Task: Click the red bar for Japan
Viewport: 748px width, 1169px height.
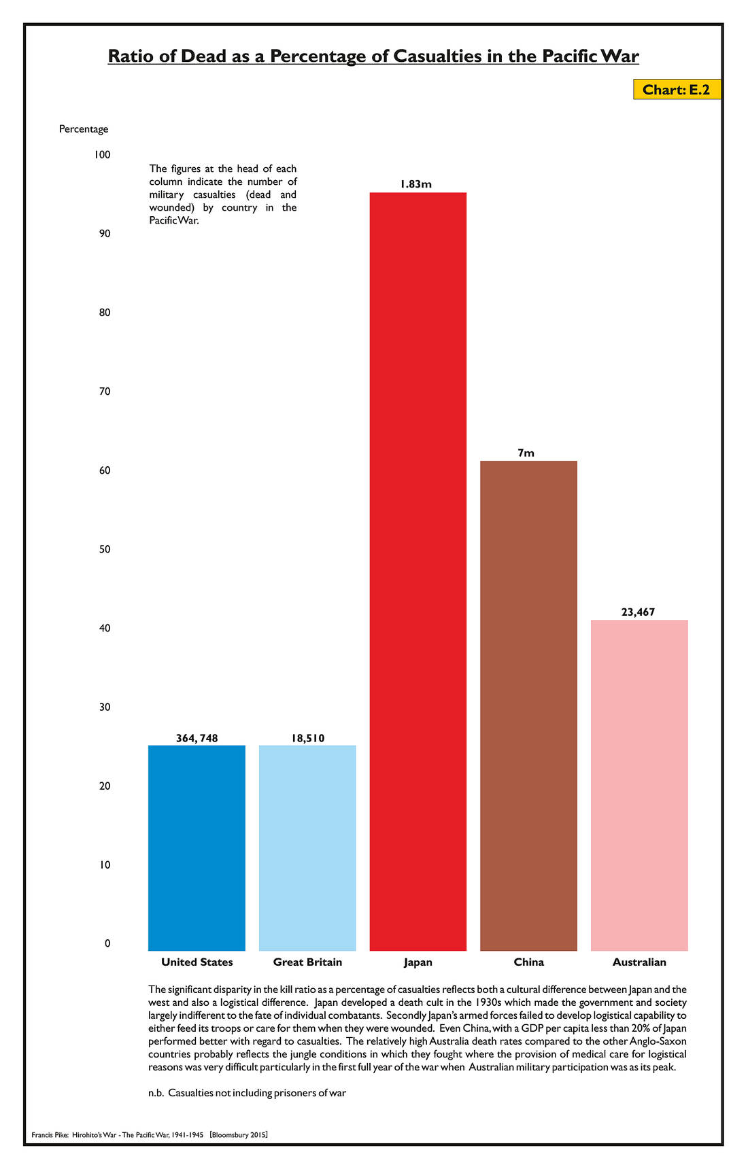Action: click(x=418, y=571)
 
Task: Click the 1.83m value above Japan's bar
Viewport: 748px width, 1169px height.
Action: click(x=416, y=184)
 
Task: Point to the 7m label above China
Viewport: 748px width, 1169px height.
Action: click(x=526, y=453)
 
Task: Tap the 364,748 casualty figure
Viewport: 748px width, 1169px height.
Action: click(x=197, y=738)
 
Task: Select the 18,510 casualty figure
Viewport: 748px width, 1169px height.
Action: click(x=307, y=738)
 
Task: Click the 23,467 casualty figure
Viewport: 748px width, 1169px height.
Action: click(x=638, y=612)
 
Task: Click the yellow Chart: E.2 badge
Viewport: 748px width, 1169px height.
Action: click(x=676, y=90)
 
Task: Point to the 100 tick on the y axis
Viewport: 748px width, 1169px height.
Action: click(x=102, y=155)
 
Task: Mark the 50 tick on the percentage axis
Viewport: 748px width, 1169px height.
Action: click(x=104, y=549)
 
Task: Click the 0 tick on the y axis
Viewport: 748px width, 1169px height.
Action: click(x=107, y=943)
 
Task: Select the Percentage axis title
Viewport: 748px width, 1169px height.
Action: click(x=84, y=129)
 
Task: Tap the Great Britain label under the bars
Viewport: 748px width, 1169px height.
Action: click(x=307, y=962)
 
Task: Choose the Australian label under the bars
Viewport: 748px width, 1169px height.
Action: click(x=639, y=962)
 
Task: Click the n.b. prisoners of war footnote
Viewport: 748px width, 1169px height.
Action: click(x=248, y=1093)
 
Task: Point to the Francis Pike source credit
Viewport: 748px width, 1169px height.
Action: click(x=150, y=1135)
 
